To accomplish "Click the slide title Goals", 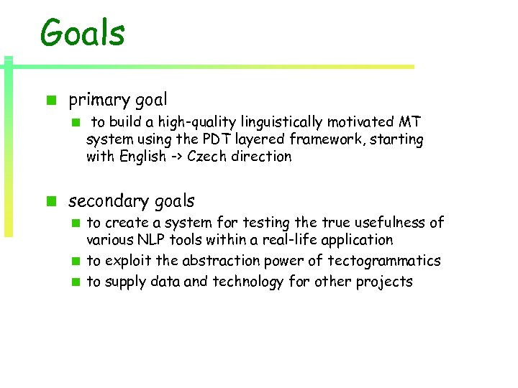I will pyautogui.click(x=83, y=33).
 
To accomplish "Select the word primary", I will pyautogui.click(x=97, y=100).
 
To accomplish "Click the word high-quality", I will pyautogui.click(x=183, y=121).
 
